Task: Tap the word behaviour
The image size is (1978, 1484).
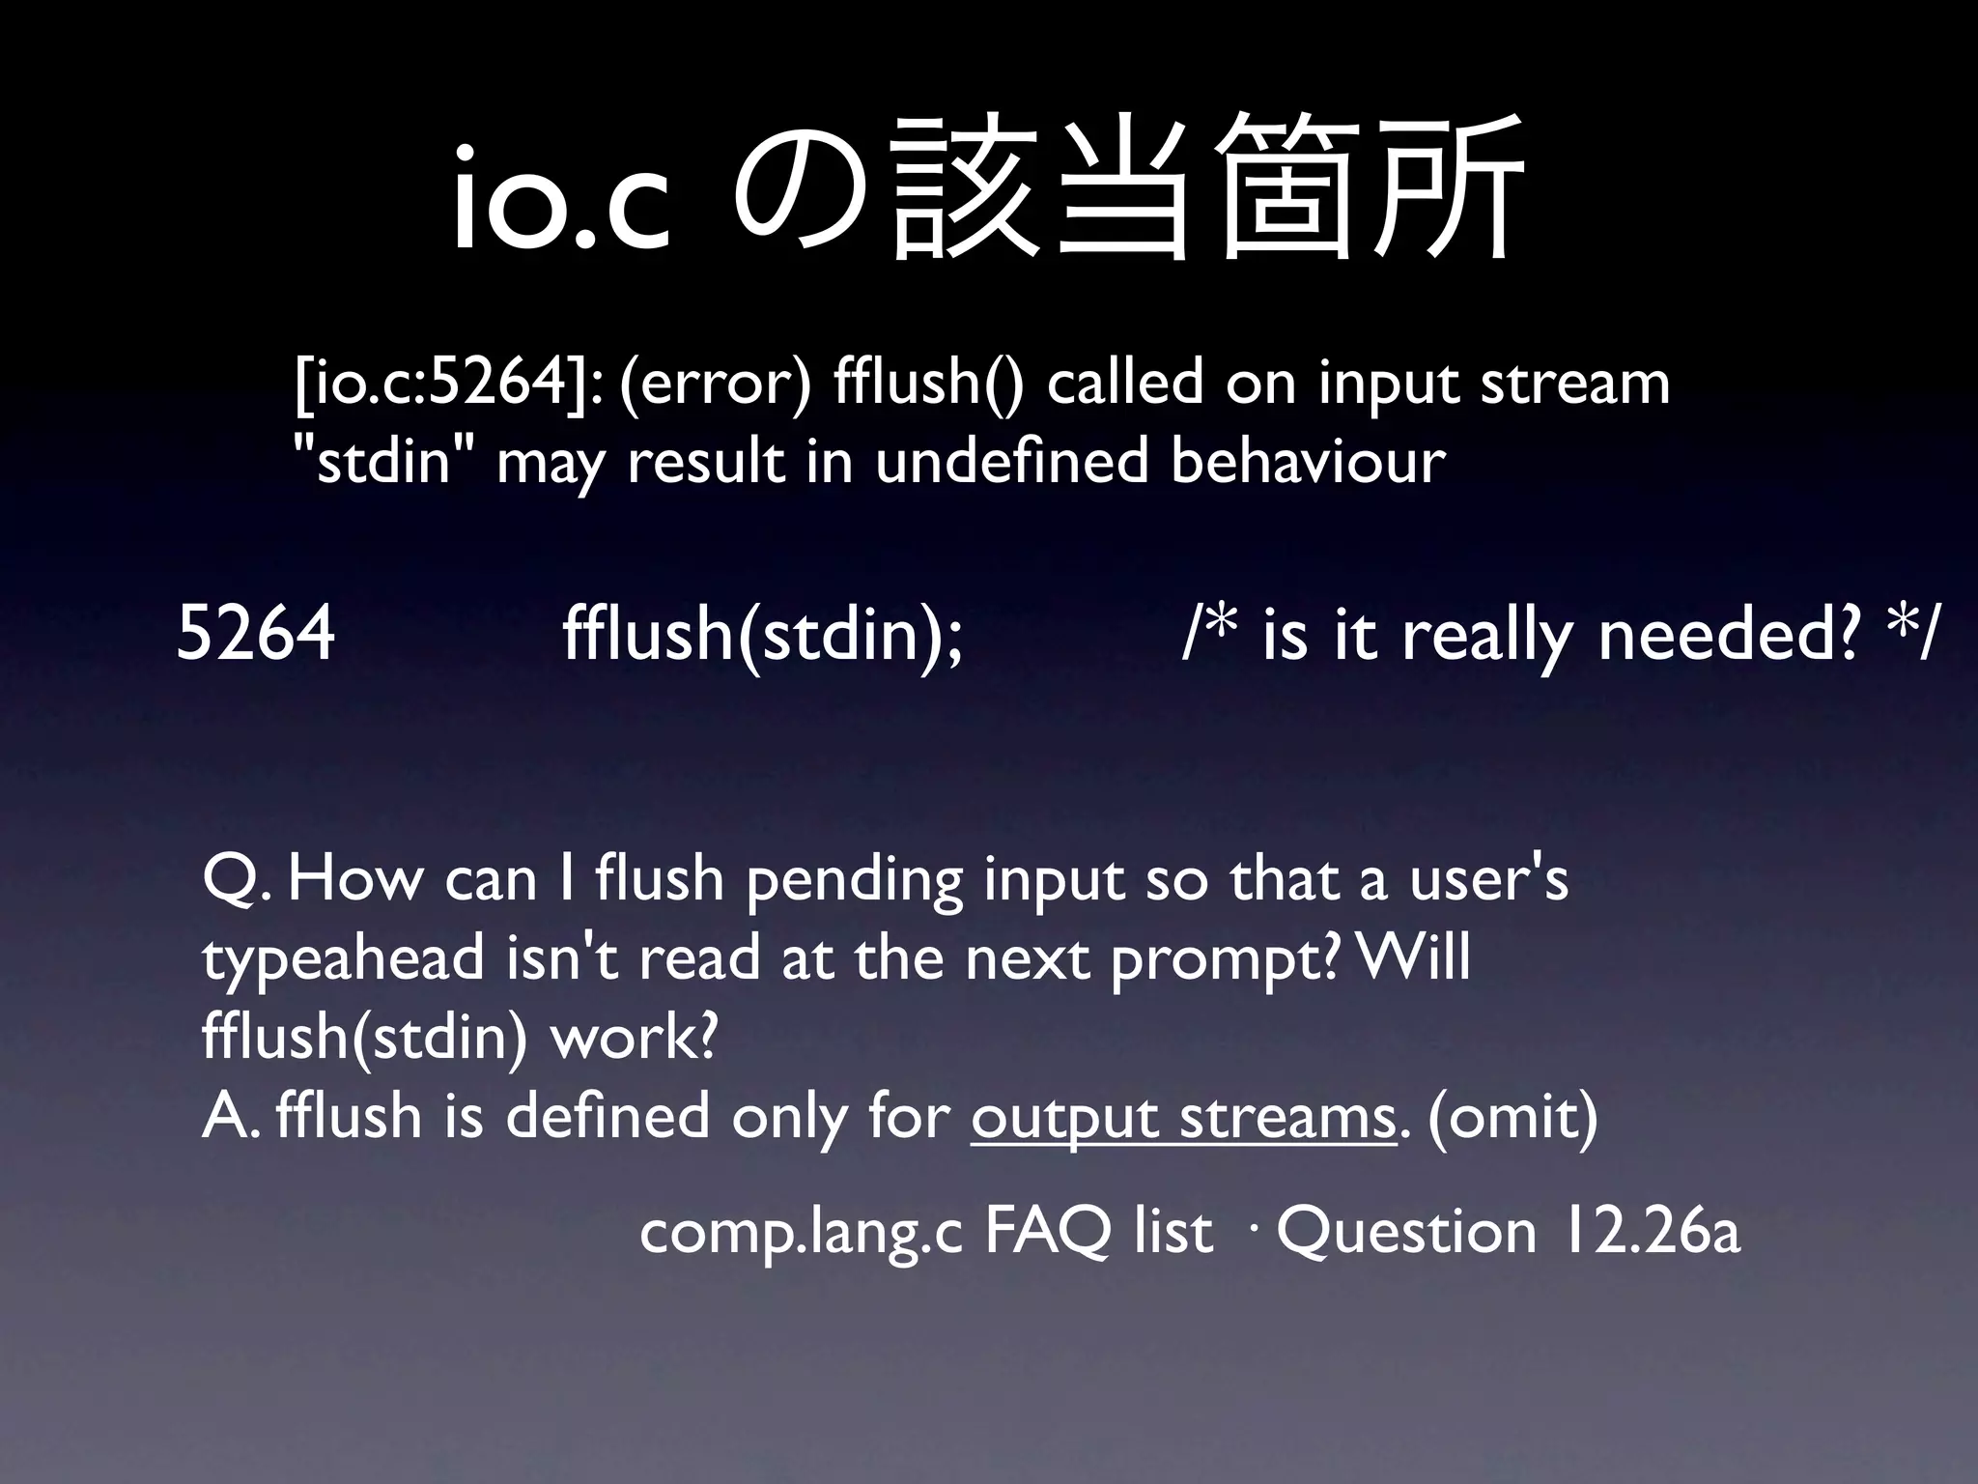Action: click(x=1308, y=462)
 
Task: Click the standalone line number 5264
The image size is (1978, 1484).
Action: click(x=256, y=633)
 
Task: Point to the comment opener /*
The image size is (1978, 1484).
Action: click(x=1211, y=633)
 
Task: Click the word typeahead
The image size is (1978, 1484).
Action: click(x=344, y=961)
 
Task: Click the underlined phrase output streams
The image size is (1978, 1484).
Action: click(x=1183, y=1118)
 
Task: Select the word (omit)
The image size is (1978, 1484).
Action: click(x=1512, y=1118)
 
